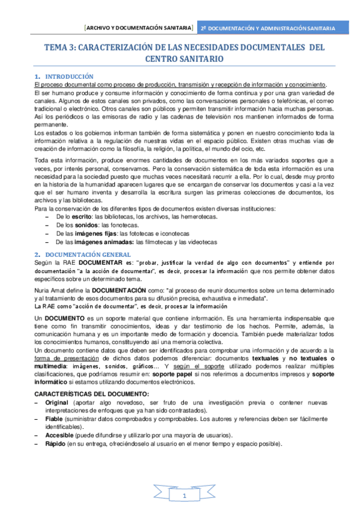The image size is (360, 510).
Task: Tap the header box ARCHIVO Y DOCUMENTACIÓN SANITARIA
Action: click(x=138, y=28)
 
